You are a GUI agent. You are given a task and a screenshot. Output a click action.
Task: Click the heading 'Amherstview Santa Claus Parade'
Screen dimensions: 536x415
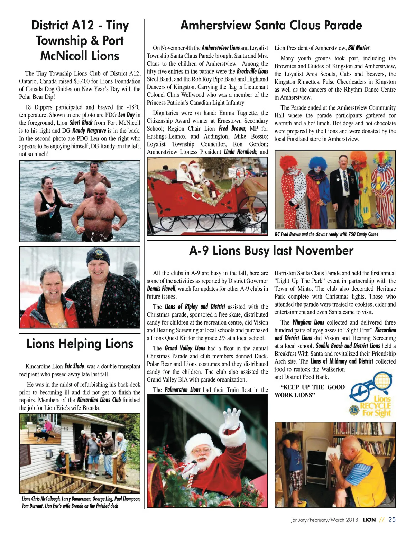(x=271, y=25)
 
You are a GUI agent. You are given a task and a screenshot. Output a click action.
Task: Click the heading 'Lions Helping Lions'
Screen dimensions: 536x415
(x=80, y=344)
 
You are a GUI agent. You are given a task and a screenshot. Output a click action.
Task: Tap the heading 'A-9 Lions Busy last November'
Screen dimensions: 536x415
(x=271, y=251)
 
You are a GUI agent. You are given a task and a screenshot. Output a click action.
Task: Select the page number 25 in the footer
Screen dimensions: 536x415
(x=392, y=519)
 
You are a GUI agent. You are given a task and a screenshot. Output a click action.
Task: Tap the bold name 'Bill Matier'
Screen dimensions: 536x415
(x=359, y=48)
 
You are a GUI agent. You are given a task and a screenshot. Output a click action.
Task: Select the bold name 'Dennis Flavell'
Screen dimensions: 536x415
(x=161, y=289)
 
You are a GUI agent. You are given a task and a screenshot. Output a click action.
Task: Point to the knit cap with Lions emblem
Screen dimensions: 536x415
(x=98, y=255)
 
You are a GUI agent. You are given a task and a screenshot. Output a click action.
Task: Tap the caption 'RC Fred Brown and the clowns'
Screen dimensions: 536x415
(x=326, y=234)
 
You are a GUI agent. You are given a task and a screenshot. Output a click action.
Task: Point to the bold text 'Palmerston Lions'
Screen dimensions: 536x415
(x=182, y=390)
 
